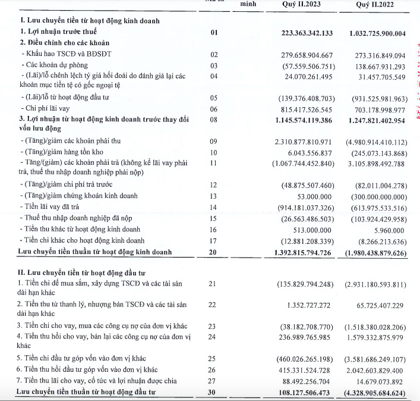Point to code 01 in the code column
214,32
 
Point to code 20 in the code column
214,252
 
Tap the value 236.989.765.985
303,339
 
